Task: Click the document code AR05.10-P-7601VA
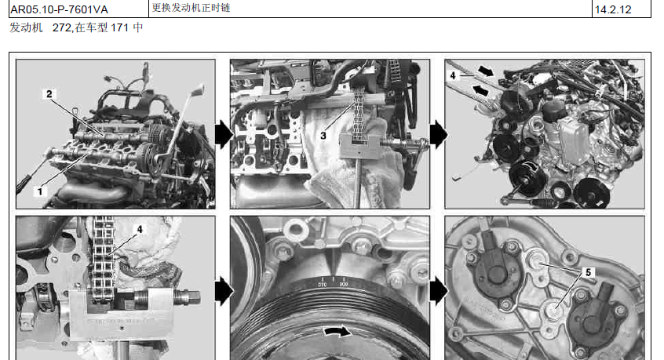[60, 9]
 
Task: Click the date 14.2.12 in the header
[613, 9]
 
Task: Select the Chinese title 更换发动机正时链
[191, 8]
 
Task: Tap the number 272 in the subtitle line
[62, 28]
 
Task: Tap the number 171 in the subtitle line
[119, 28]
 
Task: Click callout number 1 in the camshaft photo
[40, 191]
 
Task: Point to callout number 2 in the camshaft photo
[49, 94]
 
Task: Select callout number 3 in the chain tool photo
[323, 136]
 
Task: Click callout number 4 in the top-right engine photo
[453, 75]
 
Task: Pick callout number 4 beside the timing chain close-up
[140, 229]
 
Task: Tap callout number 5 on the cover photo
[588, 272]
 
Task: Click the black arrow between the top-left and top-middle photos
[223, 135]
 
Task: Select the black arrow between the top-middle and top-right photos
[438, 135]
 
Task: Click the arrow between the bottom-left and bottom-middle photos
[223, 291]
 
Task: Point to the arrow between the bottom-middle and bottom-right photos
[438, 291]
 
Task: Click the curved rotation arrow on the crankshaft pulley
[337, 331]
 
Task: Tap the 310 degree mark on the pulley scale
[323, 285]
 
